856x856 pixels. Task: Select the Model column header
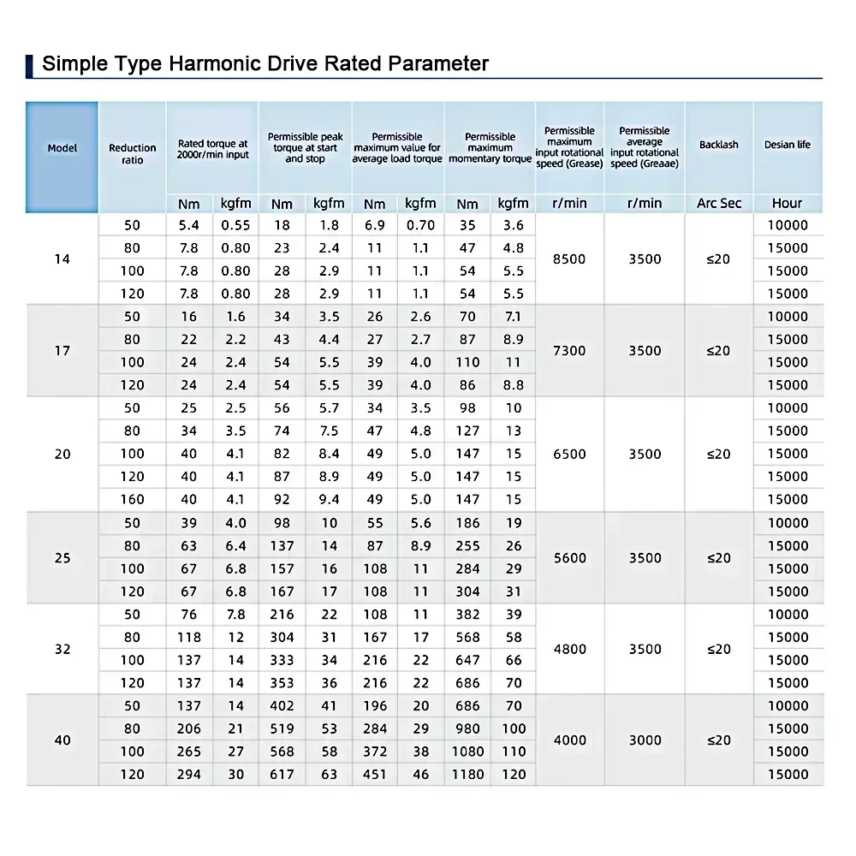coord(62,148)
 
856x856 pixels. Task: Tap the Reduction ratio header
coord(133,153)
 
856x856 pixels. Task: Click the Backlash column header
coord(718,145)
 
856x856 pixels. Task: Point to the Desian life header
coord(787,145)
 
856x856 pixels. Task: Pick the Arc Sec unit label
coord(719,203)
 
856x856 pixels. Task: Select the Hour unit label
coord(787,203)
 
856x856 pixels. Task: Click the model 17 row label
coord(62,350)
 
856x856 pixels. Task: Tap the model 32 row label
coord(62,649)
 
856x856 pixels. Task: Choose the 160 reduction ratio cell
coord(133,499)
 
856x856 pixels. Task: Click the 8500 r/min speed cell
coord(569,259)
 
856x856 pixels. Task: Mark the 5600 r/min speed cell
coord(569,557)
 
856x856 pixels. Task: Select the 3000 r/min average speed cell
coord(645,740)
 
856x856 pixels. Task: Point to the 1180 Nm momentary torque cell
coord(467,774)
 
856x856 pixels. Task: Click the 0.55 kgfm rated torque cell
coord(235,225)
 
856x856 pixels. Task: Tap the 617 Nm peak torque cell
coord(282,774)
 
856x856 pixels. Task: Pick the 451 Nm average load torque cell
coord(375,774)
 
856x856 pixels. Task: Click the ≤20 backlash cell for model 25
coord(719,557)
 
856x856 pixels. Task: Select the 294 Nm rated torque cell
coord(188,774)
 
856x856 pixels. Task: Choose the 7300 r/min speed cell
coord(569,350)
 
